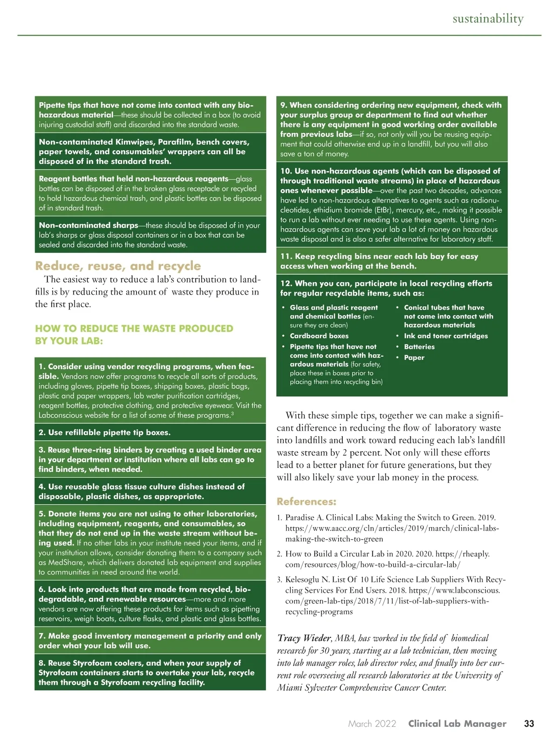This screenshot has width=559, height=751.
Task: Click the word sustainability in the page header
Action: tap(488, 19)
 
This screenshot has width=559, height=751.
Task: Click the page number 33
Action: tap(529, 724)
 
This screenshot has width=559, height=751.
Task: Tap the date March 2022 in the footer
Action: tap(372, 724)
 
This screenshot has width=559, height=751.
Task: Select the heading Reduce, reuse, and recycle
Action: tap(118, 266)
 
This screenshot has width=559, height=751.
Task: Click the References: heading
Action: tap(306, 501)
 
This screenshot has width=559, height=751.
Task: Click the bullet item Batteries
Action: tap(419, 347)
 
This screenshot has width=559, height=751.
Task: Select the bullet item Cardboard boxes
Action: tap(319, 336)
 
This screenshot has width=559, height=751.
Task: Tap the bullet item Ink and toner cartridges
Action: tap(446, 336)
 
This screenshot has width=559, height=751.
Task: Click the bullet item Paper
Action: tap(414, 358)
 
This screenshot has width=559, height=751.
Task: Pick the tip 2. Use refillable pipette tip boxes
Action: tap(104, 433)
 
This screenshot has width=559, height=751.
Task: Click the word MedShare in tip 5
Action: tap(64, 562)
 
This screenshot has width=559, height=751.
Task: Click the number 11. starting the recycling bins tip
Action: tap(286, 257)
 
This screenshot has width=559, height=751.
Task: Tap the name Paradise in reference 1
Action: tap(300, 518)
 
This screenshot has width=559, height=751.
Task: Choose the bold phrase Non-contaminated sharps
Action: tap(89, 225)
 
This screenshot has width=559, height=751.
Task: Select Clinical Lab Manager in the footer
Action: tap(457, 724)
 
